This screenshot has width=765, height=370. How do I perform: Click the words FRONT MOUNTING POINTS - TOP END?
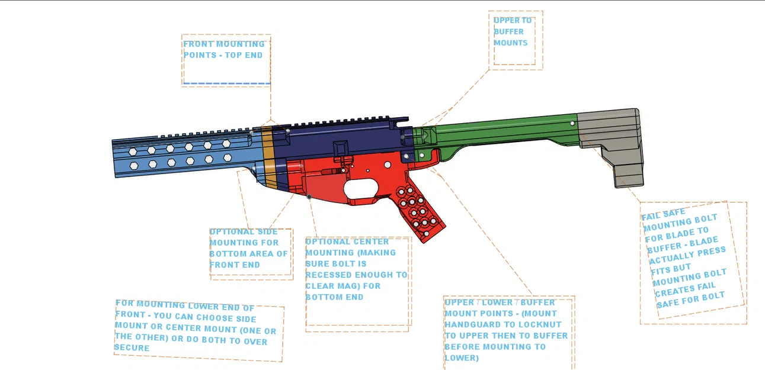(224, 50)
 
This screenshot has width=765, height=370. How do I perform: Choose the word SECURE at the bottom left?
(132, 348)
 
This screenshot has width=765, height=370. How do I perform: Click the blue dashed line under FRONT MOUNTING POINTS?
(227, 83)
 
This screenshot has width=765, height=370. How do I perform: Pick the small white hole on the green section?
(571, 124)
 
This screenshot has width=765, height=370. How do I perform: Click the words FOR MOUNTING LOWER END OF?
(184, 305)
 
